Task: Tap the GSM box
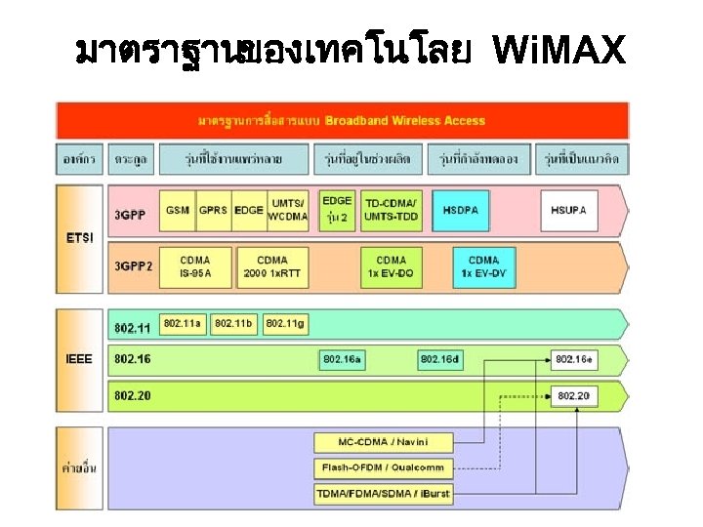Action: pyautogui.click(x=178, y=210)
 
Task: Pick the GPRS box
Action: pyautogui.click(x=213, y=210)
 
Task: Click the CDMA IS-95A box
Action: pyautogui.click(x=194, y=265)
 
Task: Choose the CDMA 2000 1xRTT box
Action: pyautogui.click(x=272, y=265)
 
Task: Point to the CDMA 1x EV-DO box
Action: pyautogui.click(x=391, y=265)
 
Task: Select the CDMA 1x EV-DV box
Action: pyautogui.click(x=483, y=265)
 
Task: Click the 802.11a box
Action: pyautogui.click(x=183, y=322)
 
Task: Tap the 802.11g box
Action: pyautogui.click(x=285, y=322)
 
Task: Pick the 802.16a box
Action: pyautogui.click(x=343, y=359)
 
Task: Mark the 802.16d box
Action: pyautogui.click(x=439, y=359)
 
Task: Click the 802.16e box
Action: pyautogui.click(x=573, y=359)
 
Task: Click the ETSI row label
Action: pyautogui.click(x=80, y=237)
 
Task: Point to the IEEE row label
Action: pyautogui.click(x=79, y=359)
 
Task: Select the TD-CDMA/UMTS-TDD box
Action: pyautogui.click(x=391, y=210)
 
